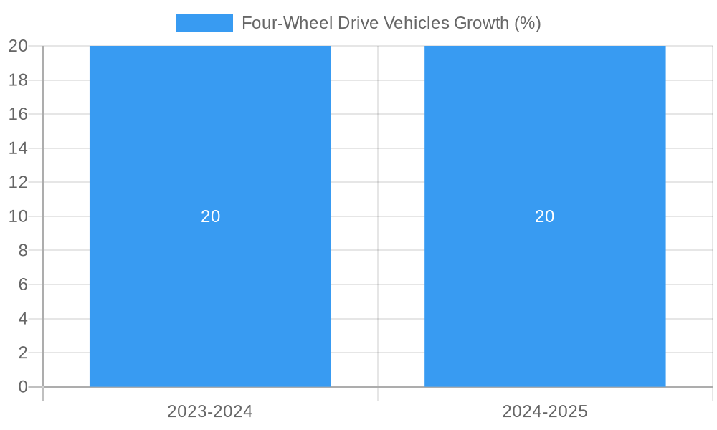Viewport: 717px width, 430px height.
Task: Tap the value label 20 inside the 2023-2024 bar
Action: [210, 216]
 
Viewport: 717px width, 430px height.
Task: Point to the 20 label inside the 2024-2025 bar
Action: [545, 216]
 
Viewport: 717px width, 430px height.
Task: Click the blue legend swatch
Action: [204, 23]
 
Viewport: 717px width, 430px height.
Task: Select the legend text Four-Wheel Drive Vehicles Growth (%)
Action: [391, 23]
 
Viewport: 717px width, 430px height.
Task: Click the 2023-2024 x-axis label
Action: [210, 411]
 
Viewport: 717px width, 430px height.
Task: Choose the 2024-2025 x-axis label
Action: [545, 411]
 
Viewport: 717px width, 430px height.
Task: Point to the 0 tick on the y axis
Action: [23, 387]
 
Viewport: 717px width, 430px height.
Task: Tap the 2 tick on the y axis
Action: [23, 353]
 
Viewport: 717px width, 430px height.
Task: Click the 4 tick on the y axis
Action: [23, 319]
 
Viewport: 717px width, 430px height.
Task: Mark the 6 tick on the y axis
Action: [23, 285]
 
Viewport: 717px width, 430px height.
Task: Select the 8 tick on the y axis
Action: [23, 250]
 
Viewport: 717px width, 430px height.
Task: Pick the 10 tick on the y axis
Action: [18, 216]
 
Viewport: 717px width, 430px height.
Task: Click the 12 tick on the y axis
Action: [18, 182]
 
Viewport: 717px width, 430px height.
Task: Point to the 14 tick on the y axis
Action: [18, 148]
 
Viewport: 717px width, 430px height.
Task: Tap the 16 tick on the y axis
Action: [18, 114]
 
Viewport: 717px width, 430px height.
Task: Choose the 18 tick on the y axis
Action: [18, 80]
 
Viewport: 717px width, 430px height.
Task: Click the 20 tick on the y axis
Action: [18, 46]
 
